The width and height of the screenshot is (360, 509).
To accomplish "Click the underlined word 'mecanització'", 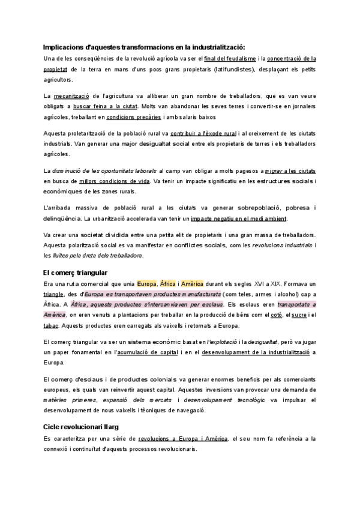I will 72,96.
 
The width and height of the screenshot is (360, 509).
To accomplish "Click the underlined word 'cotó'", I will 274,316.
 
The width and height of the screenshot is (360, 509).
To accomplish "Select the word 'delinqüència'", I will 62,218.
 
